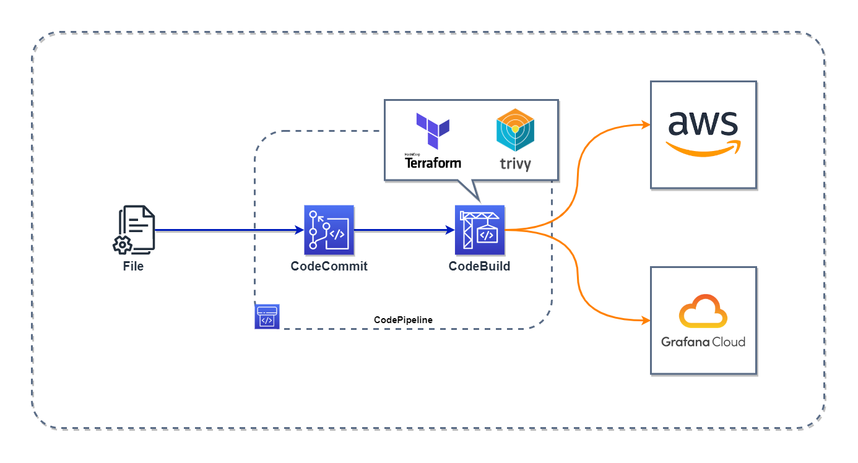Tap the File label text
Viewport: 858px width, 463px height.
[133, 267]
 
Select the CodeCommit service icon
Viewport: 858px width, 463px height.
[329, 230]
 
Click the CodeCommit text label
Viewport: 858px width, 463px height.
[329, 267]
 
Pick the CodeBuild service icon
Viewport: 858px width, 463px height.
[480, 230]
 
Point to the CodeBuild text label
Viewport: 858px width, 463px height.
[480, 267]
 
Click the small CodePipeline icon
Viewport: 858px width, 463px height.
[267, 316]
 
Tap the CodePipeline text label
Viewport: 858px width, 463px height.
[403, 319]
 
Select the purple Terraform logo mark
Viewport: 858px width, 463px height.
[433, 131]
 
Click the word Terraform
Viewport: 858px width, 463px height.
[433, 163]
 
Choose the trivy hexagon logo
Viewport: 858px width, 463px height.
[515, 130]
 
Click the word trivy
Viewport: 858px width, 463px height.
[515, 164]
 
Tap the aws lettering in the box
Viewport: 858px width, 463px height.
[703, 124]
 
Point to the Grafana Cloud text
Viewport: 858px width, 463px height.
[703, 342]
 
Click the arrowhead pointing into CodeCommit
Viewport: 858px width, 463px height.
[300, 230]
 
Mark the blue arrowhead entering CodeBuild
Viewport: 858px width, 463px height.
[451, 230]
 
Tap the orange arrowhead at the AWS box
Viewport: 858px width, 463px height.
[645, 124]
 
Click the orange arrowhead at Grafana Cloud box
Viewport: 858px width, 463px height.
[645, 321]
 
